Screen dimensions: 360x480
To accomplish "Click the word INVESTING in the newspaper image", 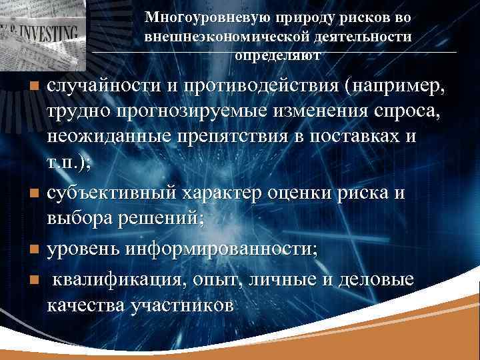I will [48, 31].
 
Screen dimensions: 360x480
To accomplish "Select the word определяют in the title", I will [278, 54].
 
